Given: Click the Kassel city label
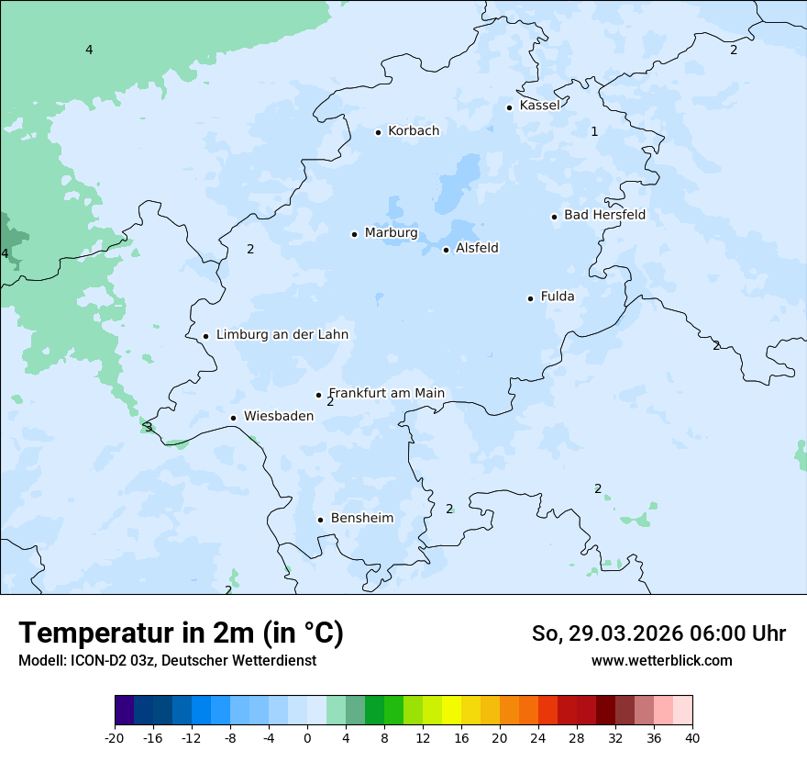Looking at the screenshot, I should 539,106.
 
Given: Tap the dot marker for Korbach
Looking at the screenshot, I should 378,132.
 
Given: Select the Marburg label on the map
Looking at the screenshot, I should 391,233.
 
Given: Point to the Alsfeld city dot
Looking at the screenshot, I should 446,250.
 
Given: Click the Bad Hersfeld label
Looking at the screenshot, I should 604,215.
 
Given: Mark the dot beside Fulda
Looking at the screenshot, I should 530,298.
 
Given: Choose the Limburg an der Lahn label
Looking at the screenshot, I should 282,335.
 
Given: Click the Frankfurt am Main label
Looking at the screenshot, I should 386,393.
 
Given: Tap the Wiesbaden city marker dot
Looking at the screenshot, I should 233,418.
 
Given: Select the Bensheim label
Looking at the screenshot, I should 361,518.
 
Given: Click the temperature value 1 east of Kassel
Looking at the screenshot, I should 594,131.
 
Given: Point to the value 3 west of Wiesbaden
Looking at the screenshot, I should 149,427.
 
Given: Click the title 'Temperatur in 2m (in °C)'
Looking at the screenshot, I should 181,633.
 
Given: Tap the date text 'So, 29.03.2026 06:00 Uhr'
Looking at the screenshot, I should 658,633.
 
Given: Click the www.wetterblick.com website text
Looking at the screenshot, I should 661,660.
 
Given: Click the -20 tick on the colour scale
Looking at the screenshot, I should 115,738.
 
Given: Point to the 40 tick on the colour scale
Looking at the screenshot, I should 692,738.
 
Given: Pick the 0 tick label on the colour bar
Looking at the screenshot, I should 307,738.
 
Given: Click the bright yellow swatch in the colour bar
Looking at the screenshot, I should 451,711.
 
